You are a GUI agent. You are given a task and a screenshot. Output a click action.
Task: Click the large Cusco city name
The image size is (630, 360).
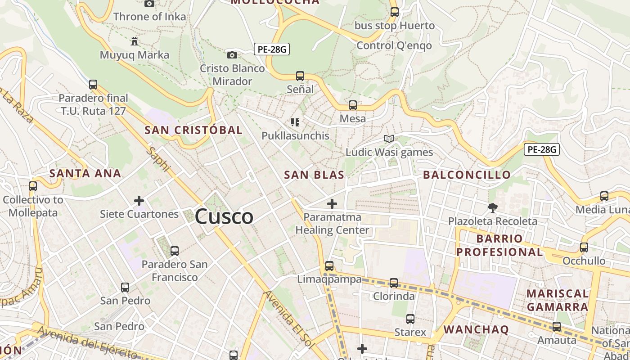(224, 217)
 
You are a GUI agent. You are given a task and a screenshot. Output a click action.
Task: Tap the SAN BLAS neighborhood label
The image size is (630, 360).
(314, 175)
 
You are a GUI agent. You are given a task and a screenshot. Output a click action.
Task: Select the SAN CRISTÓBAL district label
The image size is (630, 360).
(193, 130)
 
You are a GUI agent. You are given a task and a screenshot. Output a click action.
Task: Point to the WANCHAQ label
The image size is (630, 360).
(476, 329)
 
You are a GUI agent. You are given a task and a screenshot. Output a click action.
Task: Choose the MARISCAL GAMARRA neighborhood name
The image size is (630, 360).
(558, 300)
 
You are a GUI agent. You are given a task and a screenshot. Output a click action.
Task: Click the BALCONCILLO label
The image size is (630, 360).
(467, 175)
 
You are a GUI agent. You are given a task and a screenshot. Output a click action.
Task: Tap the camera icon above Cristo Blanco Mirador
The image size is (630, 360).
(232, 55)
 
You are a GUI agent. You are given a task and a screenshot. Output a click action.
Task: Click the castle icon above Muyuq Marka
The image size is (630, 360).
(134, 41)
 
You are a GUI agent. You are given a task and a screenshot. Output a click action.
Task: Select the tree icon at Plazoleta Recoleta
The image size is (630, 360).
(493, 207)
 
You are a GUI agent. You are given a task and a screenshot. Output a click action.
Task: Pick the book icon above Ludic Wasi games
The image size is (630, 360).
(389, 139)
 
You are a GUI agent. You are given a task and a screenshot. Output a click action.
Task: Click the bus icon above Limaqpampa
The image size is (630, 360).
(329, 265)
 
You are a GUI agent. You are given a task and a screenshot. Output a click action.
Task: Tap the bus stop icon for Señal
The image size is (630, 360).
(300, 76)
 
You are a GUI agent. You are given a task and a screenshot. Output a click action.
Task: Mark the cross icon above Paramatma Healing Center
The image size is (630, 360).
(332, 204)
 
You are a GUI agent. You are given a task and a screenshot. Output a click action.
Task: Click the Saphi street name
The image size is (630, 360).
(160, 159)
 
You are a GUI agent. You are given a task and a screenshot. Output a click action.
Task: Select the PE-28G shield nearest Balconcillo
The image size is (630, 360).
(542, 149)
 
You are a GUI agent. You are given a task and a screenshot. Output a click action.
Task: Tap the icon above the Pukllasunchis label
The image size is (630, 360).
(295, 122)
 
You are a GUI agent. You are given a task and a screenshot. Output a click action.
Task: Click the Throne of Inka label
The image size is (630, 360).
(149, 17)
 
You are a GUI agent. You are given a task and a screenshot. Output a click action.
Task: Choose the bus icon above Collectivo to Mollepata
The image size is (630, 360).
(33, 186)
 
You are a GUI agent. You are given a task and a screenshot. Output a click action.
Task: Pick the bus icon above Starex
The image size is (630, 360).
(410, 319)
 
